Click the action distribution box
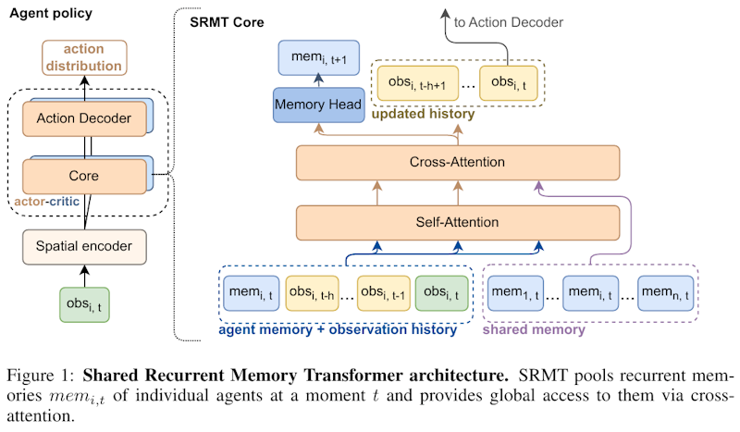coord(85,57)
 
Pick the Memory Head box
coord(317,105)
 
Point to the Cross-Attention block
coord(457,162)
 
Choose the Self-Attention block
coord(457,222)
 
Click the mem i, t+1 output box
coord(317,58)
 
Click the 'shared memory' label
coord(535,328)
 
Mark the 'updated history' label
coord(423,115)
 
